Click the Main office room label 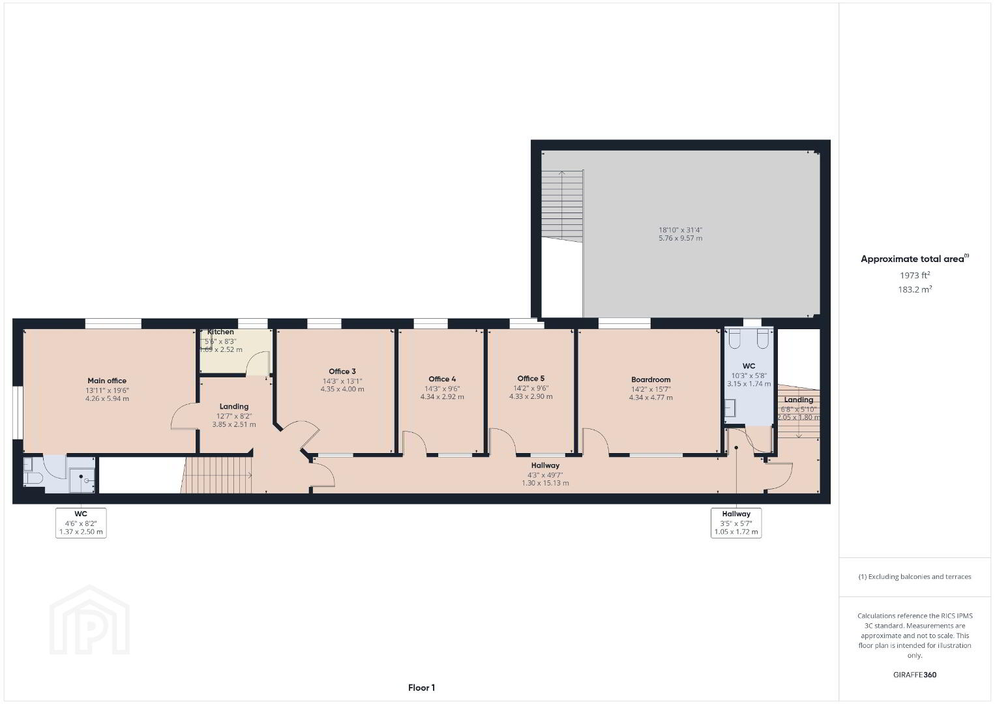(107, 381)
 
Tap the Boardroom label (651, 380)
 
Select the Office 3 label (342, 372)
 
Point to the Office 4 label (442, 379)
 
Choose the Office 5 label (531, 379)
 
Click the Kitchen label (220, 332)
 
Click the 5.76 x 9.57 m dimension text (681, 238)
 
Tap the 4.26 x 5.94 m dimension (107, 398)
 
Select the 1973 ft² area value (915, 275)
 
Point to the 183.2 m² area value (915, 289)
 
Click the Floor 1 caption (422, 688)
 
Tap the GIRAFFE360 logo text (915, 675)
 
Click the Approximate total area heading (915, 259)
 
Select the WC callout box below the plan (81, 523)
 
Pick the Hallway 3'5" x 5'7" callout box (736, 523)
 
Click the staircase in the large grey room (562, 205)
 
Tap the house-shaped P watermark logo (89, 620)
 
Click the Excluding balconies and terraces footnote (915, 576)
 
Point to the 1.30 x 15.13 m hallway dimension (545, 483)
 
